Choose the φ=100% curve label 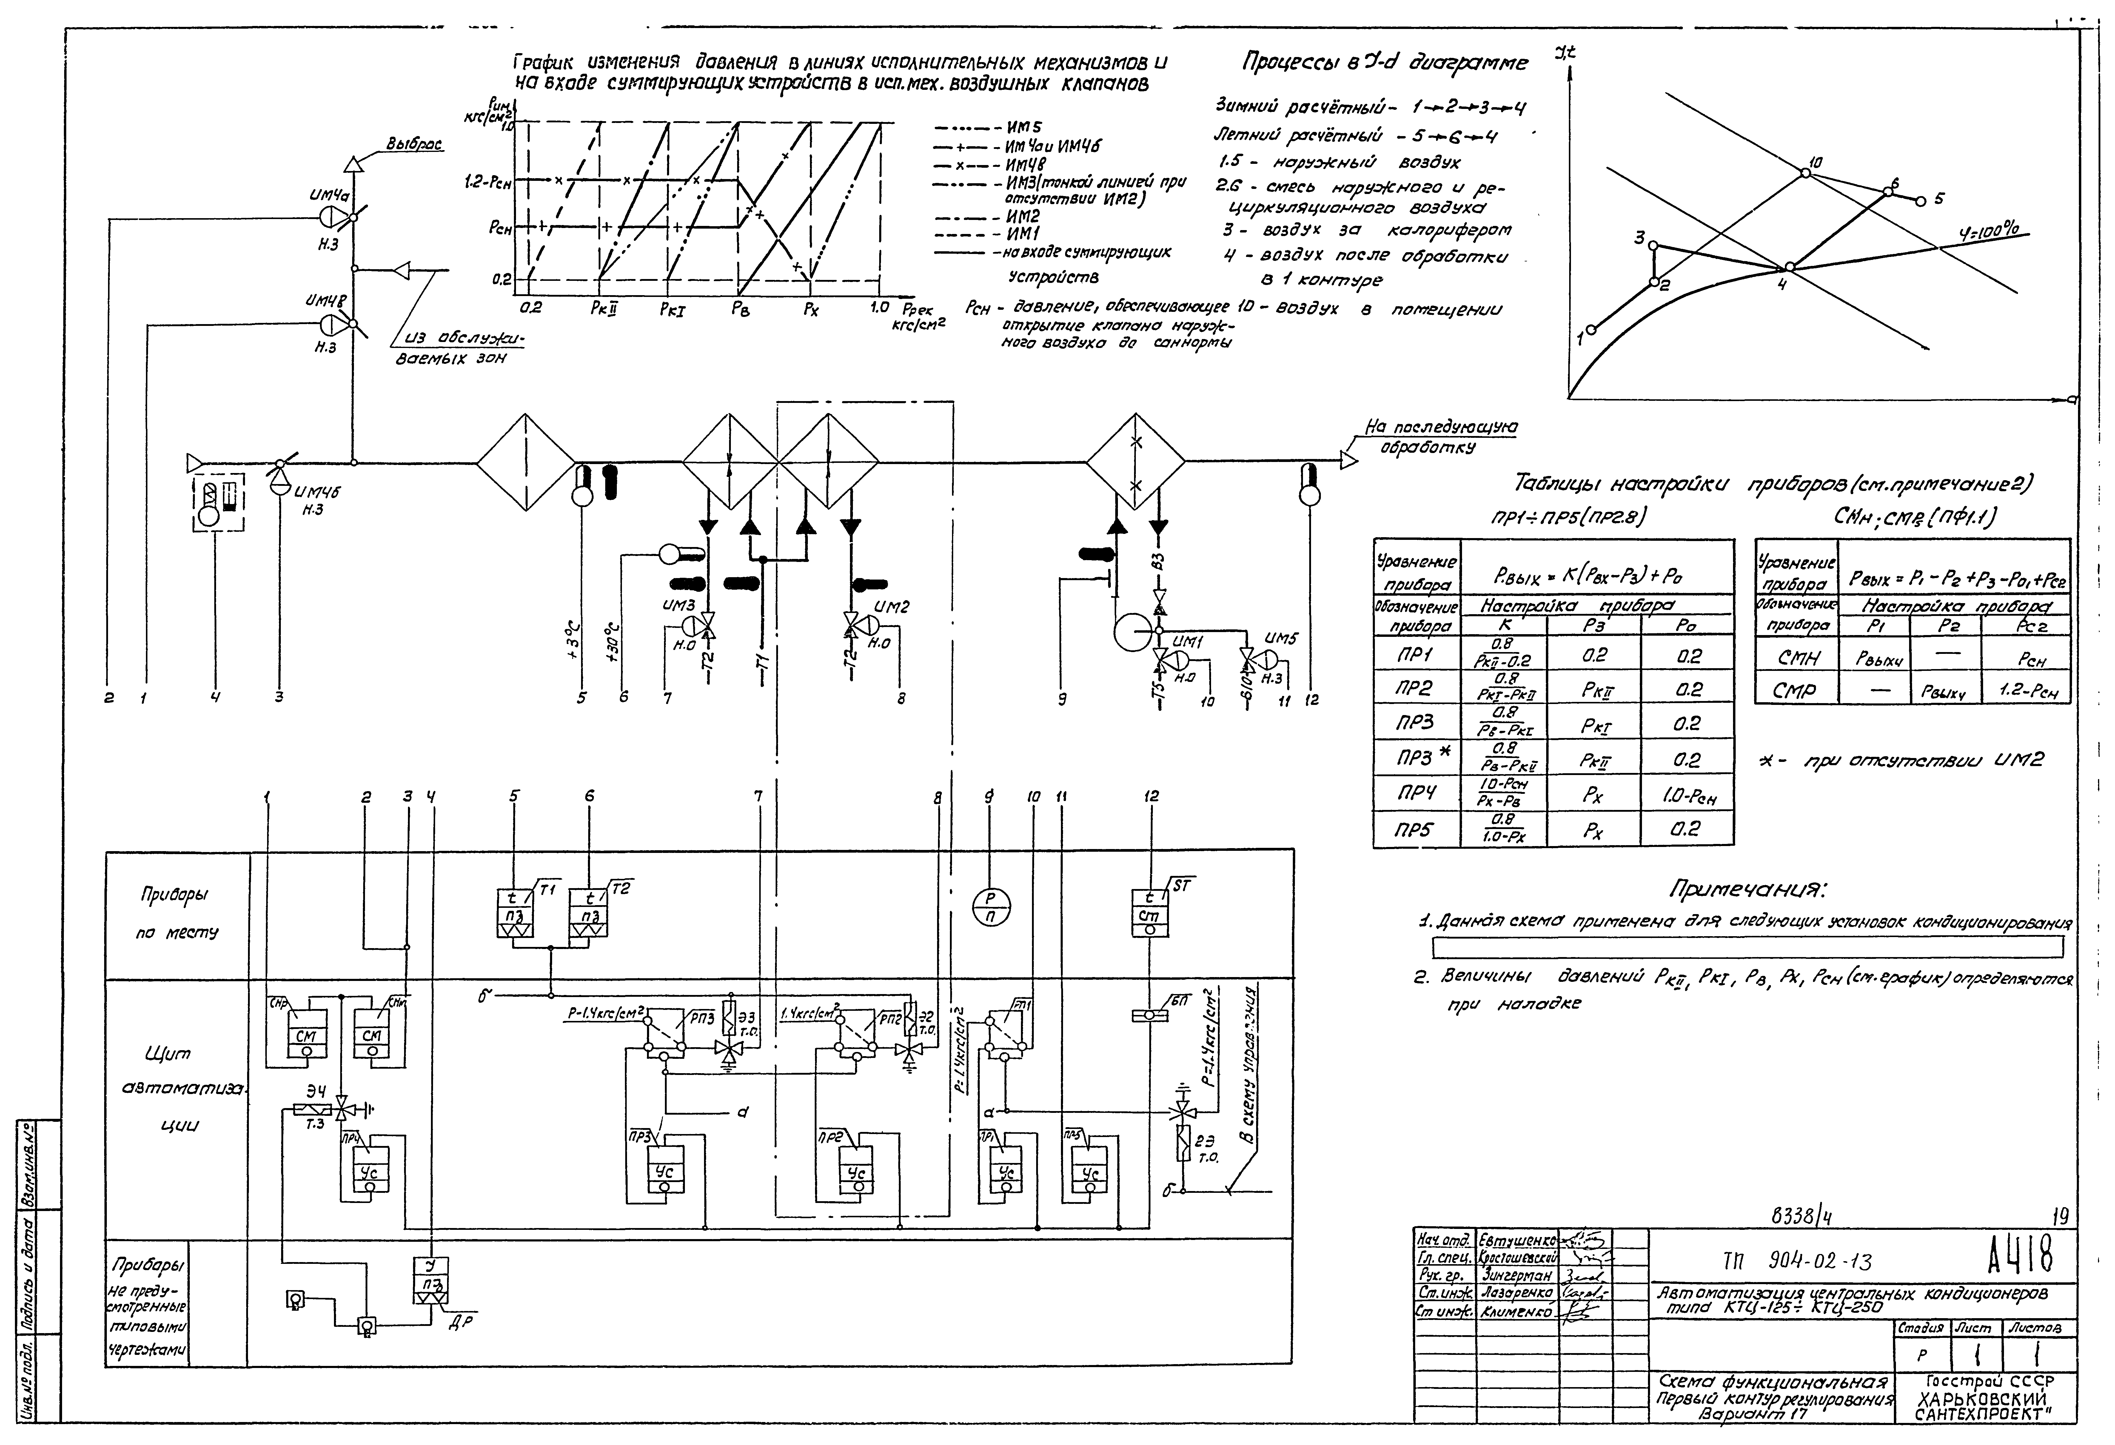click(x=1989, y=233)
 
